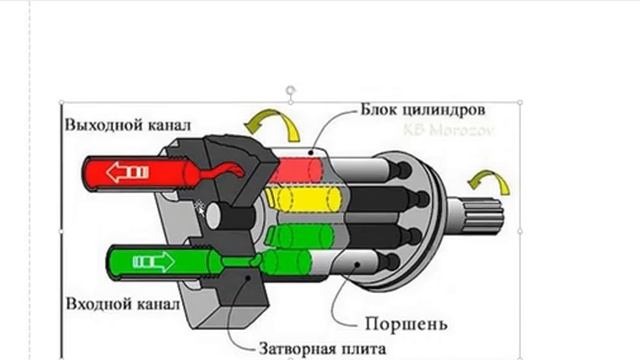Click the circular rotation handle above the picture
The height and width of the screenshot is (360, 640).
(291, 89)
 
